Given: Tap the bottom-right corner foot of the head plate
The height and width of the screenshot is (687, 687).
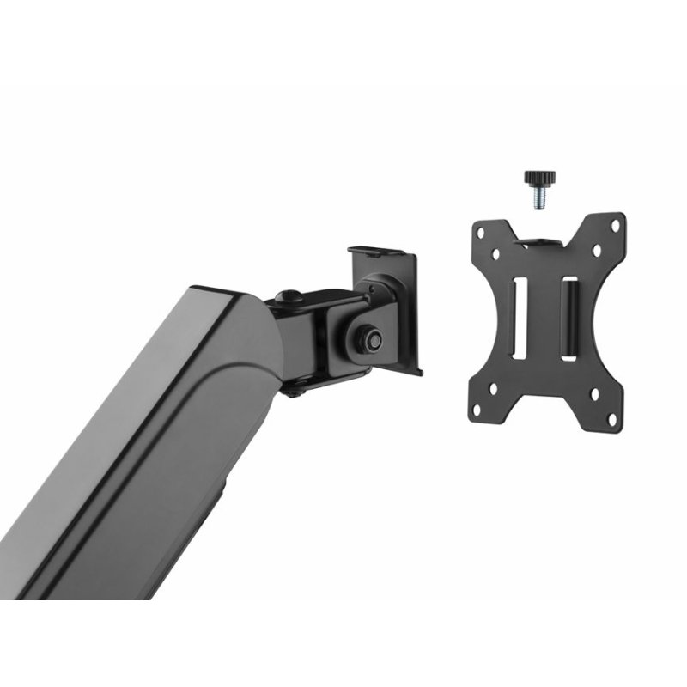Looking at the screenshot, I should [x=418, y=371].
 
